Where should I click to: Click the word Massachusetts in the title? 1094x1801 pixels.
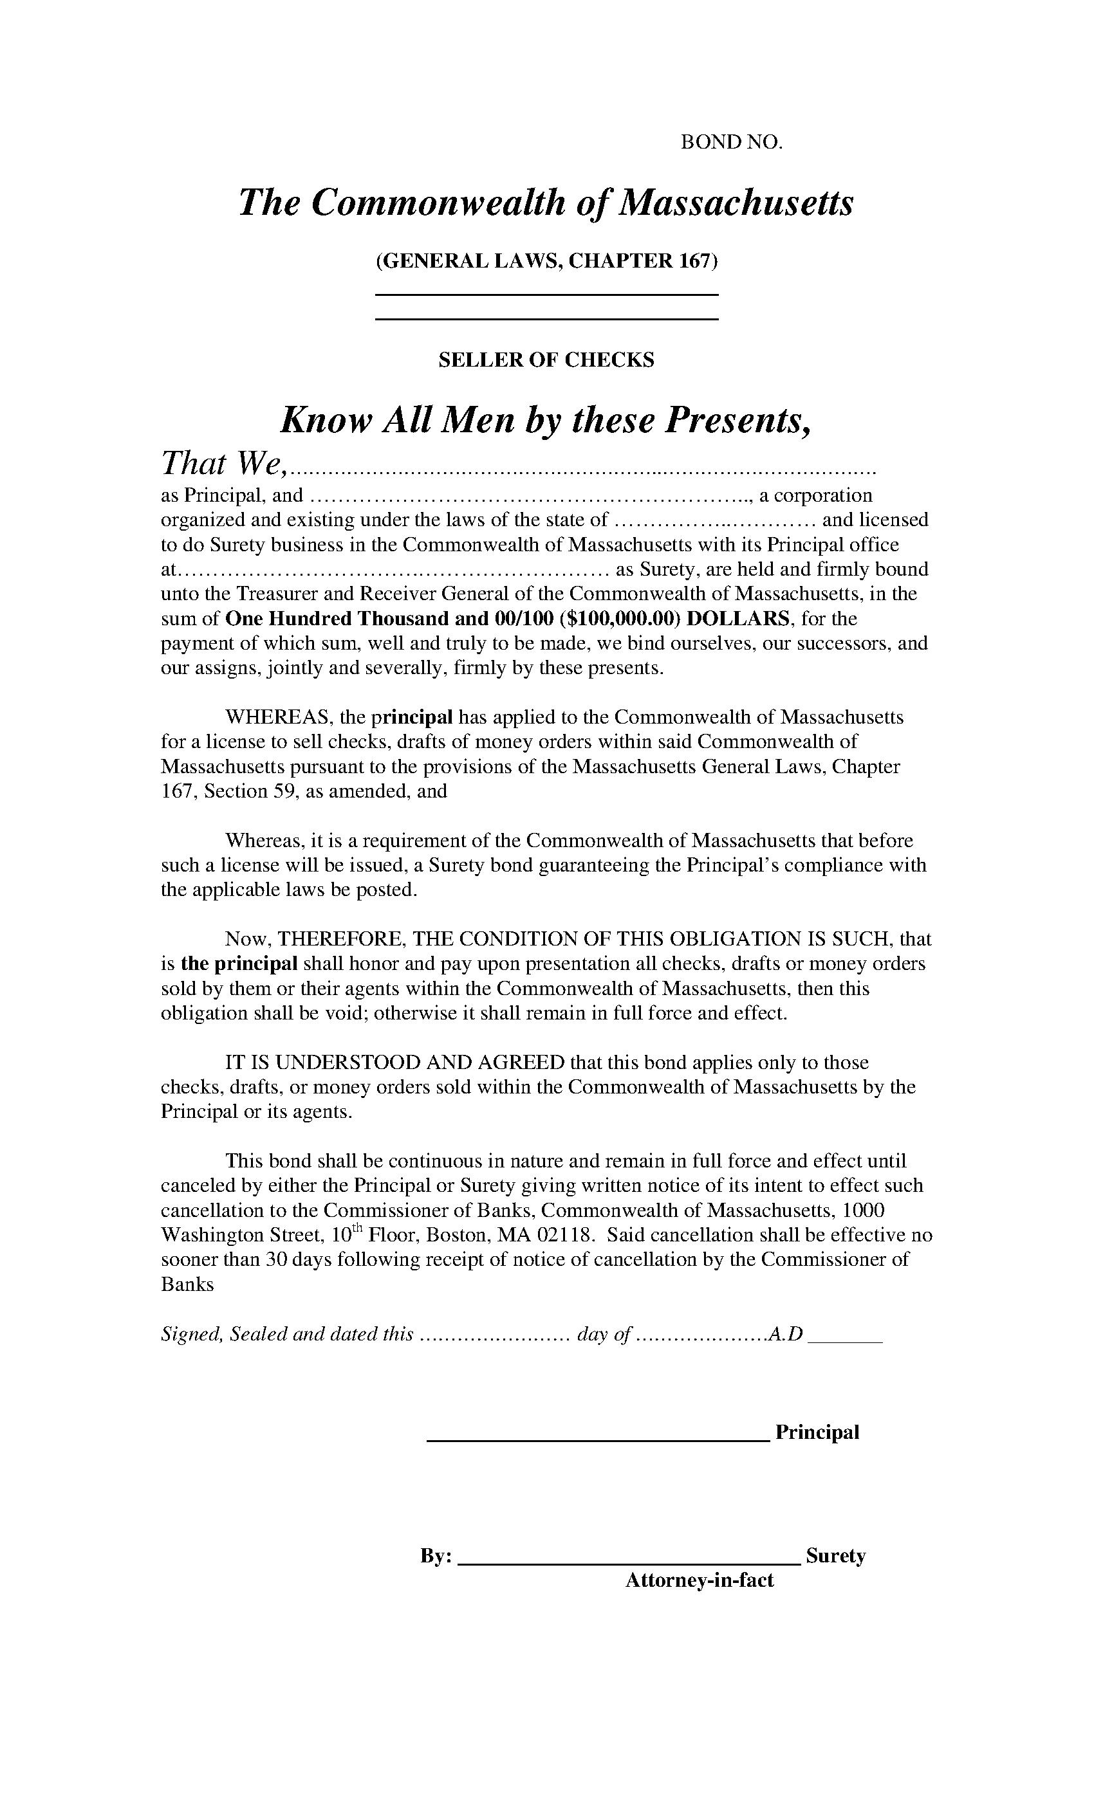click(736, 203)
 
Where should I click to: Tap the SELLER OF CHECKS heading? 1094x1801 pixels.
click(546, 360)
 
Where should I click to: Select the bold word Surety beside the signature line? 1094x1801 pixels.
click(835, 1555)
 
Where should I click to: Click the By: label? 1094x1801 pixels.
click(436, 1556)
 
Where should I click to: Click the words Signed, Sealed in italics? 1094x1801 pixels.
click(224, 1335)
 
